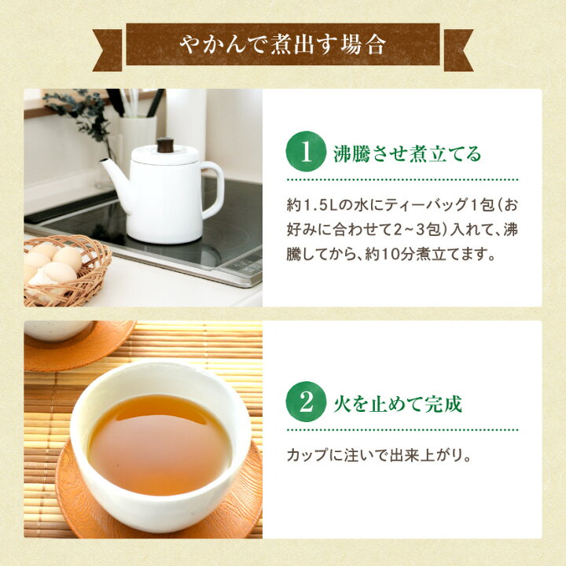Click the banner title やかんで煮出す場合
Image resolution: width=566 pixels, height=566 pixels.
click(x=283, y=45)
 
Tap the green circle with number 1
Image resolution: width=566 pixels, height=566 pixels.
click(x=306, y=151)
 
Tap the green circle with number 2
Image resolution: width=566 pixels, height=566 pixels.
click(x=306, y=402)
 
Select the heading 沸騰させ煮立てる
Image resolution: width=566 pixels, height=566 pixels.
click(x=407, y=154)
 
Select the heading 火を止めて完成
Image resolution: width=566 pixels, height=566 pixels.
click(x=398, y=404)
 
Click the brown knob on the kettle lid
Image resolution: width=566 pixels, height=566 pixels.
click(x=165, y=145)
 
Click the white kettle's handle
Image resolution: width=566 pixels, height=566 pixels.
click(x=212, y=190)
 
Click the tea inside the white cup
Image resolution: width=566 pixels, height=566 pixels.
click(x=160, y=443)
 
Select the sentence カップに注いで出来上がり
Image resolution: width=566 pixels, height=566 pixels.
click(x=380, y=455)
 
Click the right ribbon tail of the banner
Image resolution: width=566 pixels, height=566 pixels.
click(x=458, y=50)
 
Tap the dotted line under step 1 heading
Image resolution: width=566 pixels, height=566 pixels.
click(x=402, y=179)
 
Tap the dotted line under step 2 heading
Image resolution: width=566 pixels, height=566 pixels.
click(x=402, y=430)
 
